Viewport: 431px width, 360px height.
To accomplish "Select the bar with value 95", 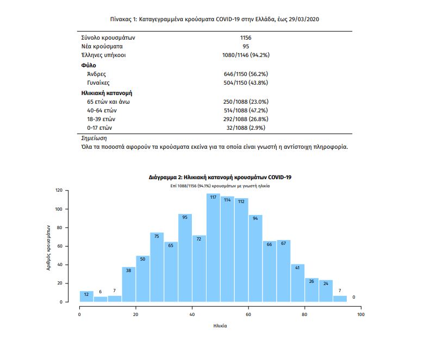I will click(x=185, y=258).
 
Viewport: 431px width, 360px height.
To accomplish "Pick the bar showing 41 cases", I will click(x=297, y=282).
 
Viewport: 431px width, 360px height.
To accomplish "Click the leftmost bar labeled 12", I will click(x=86, y=296).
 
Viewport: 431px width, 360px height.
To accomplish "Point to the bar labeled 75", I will click(x=157, y=267).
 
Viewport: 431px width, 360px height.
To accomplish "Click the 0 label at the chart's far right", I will click(x=354, y=297).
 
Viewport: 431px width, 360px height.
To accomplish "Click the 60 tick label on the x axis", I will click(x=248, y=314).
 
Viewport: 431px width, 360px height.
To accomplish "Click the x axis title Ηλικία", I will click(x=220, y=326).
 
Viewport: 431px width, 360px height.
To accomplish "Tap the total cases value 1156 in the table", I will click(x=246, y=38).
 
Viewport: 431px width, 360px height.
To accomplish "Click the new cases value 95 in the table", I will click(x=246, y=47).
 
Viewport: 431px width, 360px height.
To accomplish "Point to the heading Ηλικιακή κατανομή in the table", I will click(x=107, y=93).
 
